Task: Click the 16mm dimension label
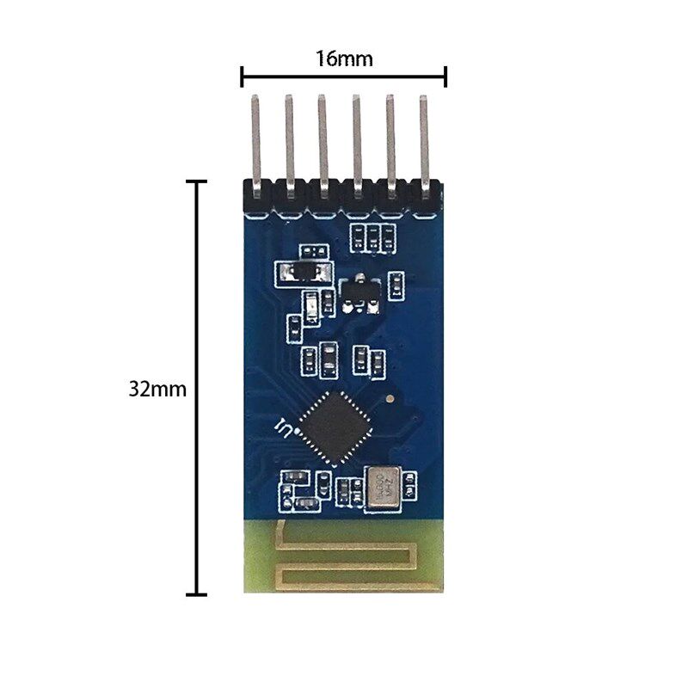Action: click(x=343, y=58)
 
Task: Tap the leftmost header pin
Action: click(x=255, y=138)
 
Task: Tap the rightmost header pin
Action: click(x=423, y=138)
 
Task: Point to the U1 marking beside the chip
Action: click(x=281, y=426)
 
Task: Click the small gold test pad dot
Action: click(x=391, y=399)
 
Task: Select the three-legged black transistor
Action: click(x=359, y=292)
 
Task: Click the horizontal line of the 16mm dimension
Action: click(x=343, y=77)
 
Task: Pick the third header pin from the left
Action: click(x=322, y=138)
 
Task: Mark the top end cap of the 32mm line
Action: click(x=198, y=181)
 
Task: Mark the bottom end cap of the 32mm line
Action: click(x=198, y=593)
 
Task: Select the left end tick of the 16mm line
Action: click(x=242, y=77)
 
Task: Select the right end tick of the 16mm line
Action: click(x=445, y=77)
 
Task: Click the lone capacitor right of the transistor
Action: click(x=396, y=285)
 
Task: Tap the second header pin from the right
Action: click(x=390, y=138)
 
